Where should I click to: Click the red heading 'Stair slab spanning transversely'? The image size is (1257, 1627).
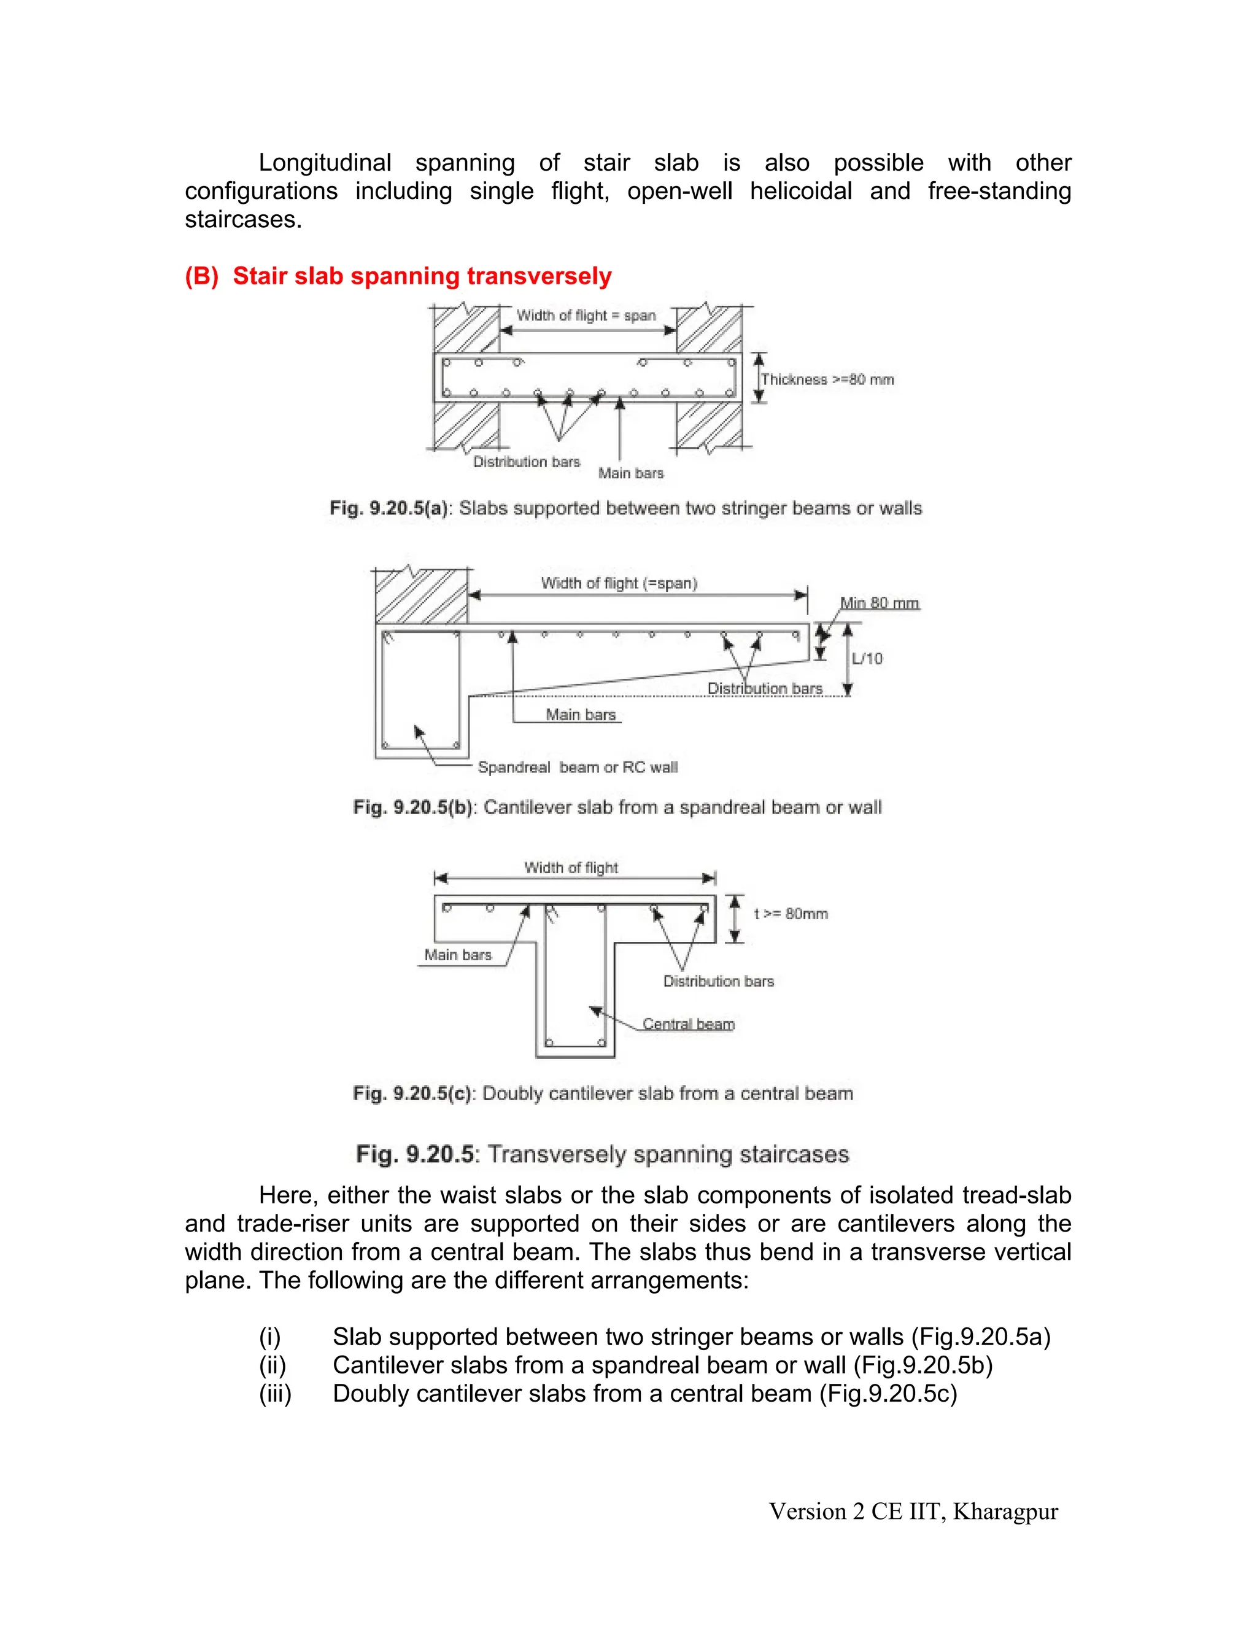(x=422, y=276)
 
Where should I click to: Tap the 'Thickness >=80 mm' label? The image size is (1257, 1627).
(x=827, y=379)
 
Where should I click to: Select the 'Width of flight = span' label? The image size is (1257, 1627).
(x=586, y=315)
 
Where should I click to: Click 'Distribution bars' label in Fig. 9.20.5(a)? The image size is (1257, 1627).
(x=527, y=462)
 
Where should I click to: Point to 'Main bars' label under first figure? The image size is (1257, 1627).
(x=631, y=473)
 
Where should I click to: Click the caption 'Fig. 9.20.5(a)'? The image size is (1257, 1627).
(x=388, y=508)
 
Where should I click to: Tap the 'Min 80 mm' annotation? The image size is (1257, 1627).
(x=880, y=603)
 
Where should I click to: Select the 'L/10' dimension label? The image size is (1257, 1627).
(x=867, y=659)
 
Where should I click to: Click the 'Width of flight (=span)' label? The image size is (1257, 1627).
(x=619, y=583)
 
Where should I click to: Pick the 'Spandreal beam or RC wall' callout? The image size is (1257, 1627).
(x=578, y=767)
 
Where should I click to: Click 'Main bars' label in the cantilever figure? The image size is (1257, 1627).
(x=581, y=715)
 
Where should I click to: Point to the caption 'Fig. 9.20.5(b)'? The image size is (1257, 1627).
(x=412, y=807)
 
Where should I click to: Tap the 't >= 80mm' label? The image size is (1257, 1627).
(x=791, y=914)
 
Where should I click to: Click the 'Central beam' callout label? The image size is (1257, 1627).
(x=688, y=1024)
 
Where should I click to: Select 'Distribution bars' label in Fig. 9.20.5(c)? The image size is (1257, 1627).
(x=719, y=981)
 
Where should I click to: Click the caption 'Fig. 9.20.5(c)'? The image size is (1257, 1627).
(x=412, y=1093)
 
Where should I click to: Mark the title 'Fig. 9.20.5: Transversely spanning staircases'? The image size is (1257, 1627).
(x=603, y=1154)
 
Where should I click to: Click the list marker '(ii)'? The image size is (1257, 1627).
(x=273, y=1365)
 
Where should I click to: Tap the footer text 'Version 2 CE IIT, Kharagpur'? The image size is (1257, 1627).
(x=913, y=1512)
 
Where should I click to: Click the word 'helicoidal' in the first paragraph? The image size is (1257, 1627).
(x=800, y=191)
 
